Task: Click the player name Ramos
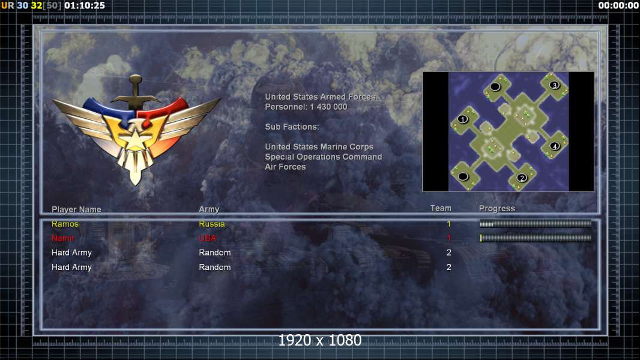coord(65,224)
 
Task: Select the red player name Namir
coord(63,238)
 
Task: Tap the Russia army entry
coord(212,224)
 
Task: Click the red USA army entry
coord(207,238)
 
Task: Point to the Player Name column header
coord(76,209)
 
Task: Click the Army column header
coord(209,209)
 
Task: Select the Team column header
coord(441,208)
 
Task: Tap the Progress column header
coord(497,209)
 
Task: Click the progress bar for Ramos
coord(536,224)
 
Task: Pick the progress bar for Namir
coord(536,238)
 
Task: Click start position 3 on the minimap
coord(554,85)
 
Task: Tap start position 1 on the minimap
coord(462,119)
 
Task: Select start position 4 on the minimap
coord(555,146)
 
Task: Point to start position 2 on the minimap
coord(522,178)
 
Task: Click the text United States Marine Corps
coord(319,147)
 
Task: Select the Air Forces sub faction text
coord(285,167)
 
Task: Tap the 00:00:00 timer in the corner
coord(618,5)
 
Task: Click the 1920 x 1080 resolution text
coord(320,340)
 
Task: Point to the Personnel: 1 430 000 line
coord(306,107)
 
